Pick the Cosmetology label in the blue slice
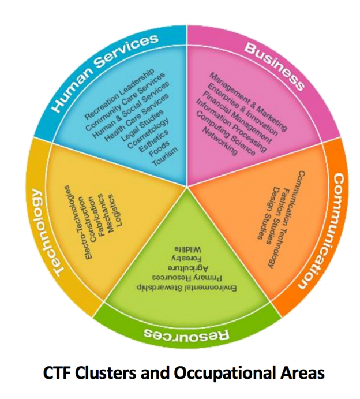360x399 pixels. pyautogui.click(x=149, y=132)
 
